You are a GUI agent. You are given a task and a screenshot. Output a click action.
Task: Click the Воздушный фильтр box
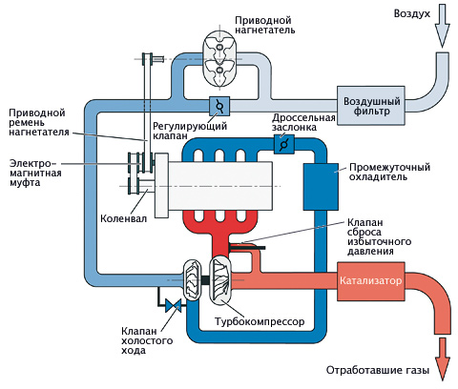[x=371, y=106]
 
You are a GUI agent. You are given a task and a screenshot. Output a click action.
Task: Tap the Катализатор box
[x=371, y=281]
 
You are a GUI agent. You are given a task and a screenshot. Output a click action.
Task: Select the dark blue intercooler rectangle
[x=321, y=187]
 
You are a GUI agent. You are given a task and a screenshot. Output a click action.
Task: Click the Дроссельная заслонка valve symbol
[x=284, y=145]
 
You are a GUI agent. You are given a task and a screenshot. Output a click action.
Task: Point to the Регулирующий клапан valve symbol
[x=219, y=106]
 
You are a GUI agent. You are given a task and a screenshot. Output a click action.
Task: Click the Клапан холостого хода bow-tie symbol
[x=174, y=306]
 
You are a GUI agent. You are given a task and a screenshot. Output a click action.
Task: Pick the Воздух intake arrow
[x=442, y=27]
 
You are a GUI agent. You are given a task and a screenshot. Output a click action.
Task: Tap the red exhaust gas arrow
[x=442, y=358]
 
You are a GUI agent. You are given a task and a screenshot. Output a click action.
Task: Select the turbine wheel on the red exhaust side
[x=221, y=280]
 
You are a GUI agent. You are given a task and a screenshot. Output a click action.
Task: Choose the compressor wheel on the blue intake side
[x=193, y=279]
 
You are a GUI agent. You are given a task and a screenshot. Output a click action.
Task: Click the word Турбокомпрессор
[x=260, y=321]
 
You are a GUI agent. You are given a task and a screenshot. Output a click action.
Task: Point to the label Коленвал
[x=124, y=218]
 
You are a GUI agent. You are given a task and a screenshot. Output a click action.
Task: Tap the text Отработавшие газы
[x=378, y=370]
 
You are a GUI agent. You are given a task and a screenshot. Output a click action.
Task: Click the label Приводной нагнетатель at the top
[x=265, y=25]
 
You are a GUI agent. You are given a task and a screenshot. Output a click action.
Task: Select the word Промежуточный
[x=389, y=167]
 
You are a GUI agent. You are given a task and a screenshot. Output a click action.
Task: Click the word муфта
[x=25, y=183]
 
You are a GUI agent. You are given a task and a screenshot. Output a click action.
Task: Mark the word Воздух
[x=412, y=13]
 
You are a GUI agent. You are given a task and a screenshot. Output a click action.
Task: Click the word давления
[x=370, y=252]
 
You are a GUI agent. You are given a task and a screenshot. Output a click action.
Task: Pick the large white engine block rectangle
[x=220, y=186]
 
